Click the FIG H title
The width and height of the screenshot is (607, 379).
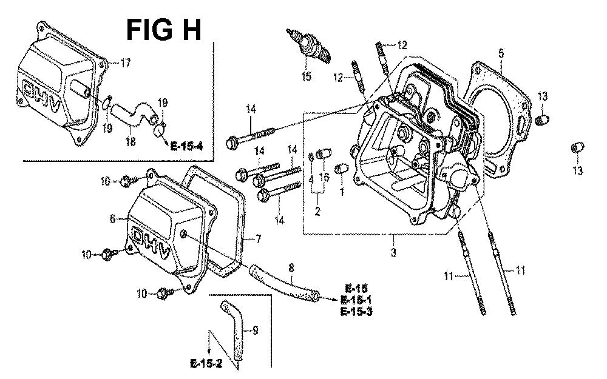[163, 29]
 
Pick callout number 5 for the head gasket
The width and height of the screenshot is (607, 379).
[501, 53]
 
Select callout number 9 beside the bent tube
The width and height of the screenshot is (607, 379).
[255, 330]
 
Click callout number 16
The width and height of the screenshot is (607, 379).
[324, 177]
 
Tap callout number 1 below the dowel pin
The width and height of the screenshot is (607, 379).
[341, 192]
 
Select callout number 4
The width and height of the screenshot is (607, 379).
[311, 179]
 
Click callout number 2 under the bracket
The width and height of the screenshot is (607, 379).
[317, 211]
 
